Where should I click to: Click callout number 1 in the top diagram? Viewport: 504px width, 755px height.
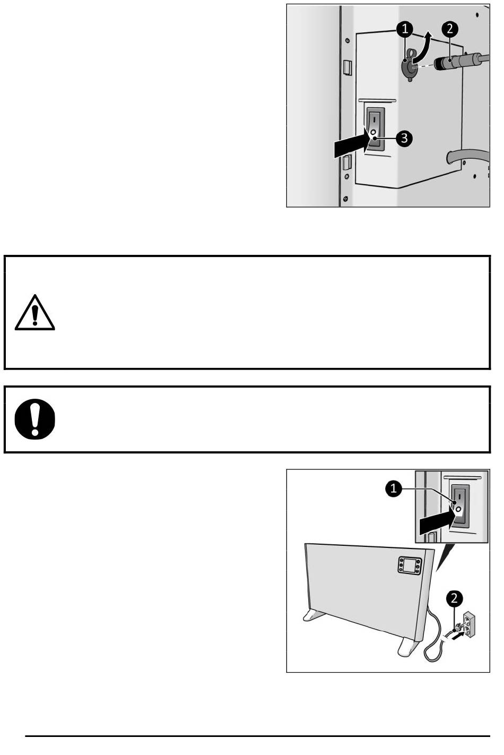(405, 29)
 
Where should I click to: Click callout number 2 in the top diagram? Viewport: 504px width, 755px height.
(450, 29)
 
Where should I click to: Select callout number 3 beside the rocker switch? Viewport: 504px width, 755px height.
(404, 139)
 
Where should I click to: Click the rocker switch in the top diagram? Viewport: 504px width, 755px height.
(375, 130)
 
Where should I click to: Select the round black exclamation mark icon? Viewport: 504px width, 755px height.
(34, 419)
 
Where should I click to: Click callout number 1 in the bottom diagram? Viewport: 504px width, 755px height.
(394, 488)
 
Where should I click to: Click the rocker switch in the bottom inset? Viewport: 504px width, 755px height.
(460, 505)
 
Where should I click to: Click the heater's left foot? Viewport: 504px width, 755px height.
(314, 615)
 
